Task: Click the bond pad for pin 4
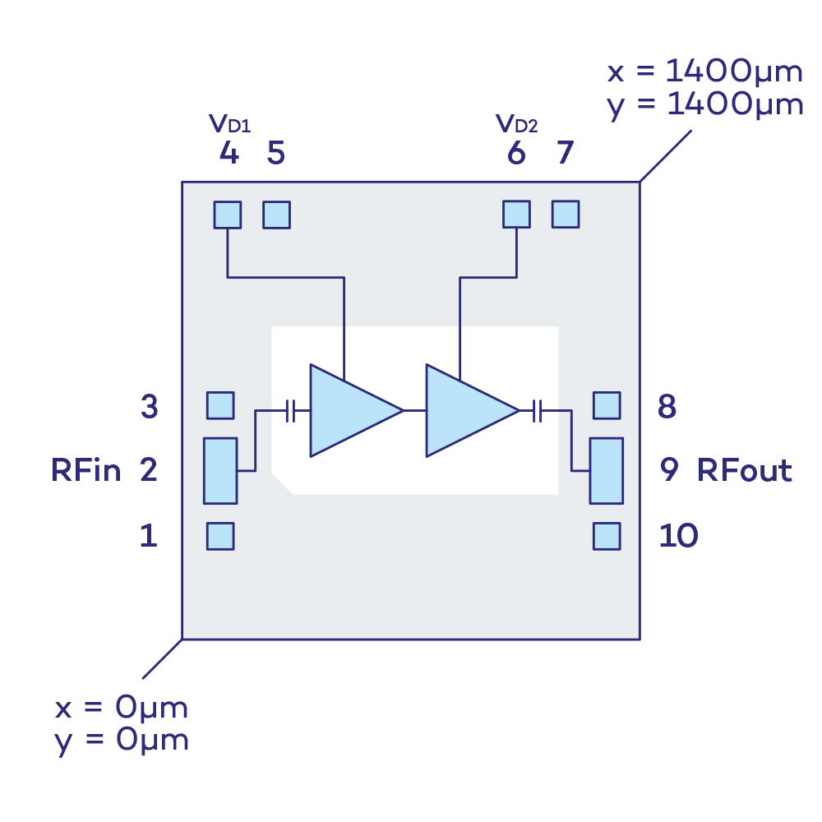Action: click(x=228, y=215)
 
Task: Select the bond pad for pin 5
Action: click(x=276, y=215)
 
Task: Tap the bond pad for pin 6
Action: click(x=516, y=214)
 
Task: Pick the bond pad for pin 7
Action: click(x=566, y=214)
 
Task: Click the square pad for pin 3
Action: click(x=220, y=405)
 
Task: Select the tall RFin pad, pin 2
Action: click(x=220, y=470)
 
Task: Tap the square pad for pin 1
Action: click(x=220, y=536)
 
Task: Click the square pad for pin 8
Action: click(x=607, y=405)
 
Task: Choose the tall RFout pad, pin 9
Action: click(x=607, y=470)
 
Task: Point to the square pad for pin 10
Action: click(x=607, y=536)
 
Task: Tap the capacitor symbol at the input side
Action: click(x=290, y=410)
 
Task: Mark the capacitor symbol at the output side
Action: click(x=538, y=410)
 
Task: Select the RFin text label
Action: click(x=86, y=471)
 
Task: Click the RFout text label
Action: click(x=745, y=471)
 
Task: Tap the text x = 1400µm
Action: click(x=704, y=72)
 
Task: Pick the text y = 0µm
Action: click(x=122, y=741)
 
